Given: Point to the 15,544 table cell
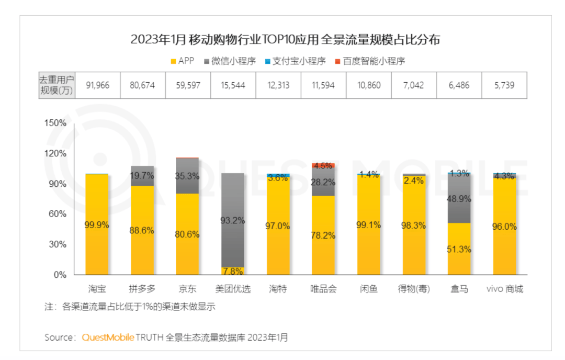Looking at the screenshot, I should pos(233,85).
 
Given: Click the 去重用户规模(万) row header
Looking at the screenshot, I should pos(56,85).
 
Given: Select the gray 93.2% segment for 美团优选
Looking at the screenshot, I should pos(232,220).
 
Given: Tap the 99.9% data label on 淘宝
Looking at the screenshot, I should pos(97,225).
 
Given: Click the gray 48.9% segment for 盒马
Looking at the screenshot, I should pos(459,199).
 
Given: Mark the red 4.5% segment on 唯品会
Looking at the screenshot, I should pos(323,165).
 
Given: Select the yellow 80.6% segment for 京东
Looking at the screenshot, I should pos(187,234).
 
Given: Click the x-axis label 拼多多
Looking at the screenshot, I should pos(142,289).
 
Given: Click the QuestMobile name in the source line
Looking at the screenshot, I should pos(108,337).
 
